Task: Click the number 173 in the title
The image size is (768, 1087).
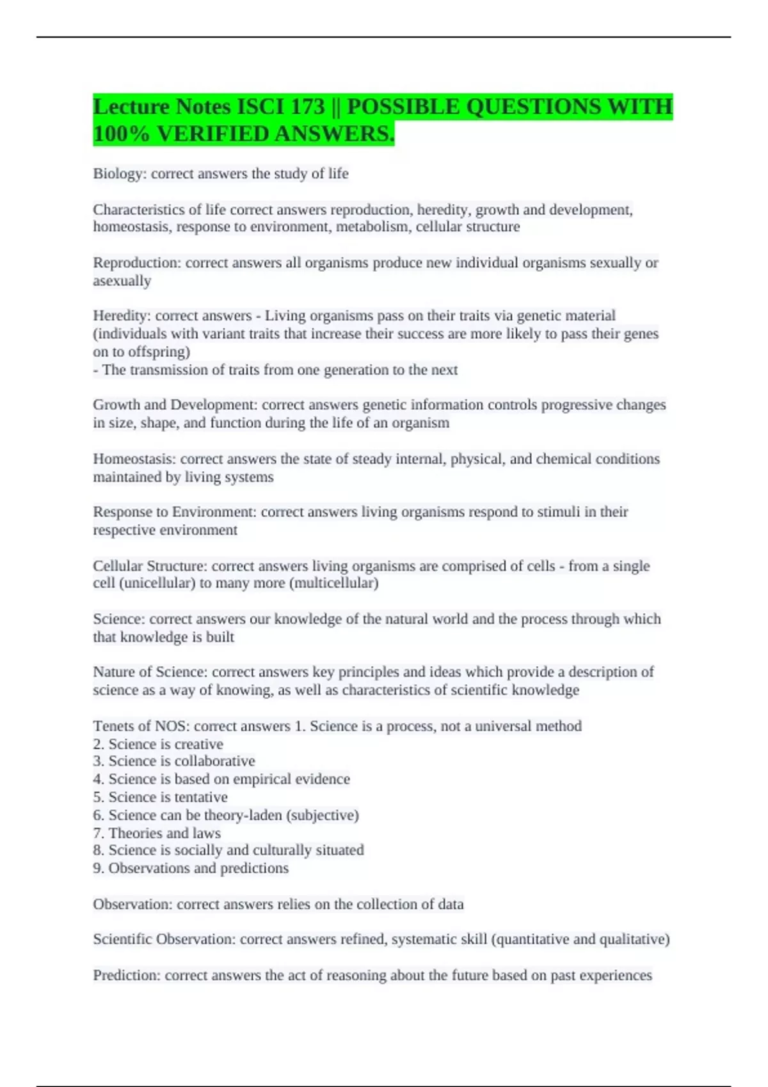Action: (307, 107)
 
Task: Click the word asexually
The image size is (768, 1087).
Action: (122, 281)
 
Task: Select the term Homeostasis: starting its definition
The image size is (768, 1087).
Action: (134, 459)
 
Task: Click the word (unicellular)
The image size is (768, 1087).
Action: (157, 583)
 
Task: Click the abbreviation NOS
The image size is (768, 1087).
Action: (170, 726)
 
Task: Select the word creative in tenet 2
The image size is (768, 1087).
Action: (198, 744)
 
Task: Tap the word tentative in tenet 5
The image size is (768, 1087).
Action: (201, 797)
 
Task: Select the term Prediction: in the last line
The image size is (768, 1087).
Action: (127, 976)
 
